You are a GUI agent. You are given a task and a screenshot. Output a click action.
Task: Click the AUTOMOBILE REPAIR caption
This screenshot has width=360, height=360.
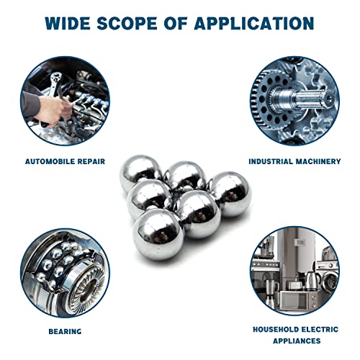(x=66, y=161)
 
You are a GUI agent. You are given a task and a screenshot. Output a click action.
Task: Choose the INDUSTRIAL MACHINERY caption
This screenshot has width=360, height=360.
(x=294, y=161)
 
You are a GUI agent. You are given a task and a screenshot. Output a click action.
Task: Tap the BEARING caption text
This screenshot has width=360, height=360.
(x=66, y=331)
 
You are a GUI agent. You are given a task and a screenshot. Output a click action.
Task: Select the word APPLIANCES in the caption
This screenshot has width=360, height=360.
(x=295, y=340)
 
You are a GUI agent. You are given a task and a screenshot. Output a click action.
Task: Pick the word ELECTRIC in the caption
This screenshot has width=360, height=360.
(x=318, y=328)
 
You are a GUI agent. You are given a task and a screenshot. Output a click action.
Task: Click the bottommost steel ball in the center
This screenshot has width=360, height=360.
(x=158, y=234)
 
